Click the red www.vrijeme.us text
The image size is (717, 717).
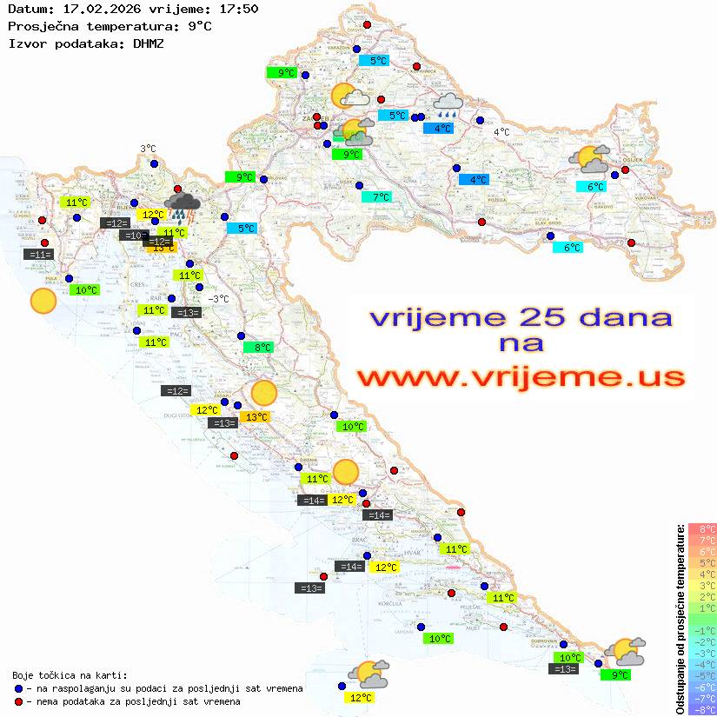[x=521, y=376]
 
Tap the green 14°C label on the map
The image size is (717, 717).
[x=174, y=232]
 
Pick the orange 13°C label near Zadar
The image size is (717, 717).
[x=256, y=417]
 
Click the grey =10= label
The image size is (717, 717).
[x=134, y=235]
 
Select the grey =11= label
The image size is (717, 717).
[x=40, y=255]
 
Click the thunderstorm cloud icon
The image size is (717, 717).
[x=183, y=206]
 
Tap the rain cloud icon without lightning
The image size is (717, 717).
[x=448, y=105]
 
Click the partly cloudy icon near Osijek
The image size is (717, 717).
[x=588, y=160]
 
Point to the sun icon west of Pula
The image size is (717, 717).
[x=43, y=302]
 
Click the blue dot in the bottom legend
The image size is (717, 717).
[x=19, y=688]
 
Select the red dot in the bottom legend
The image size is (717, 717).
[x=19, y=701]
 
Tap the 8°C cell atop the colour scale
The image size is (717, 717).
[x=702, y=528]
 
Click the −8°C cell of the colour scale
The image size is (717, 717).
[x=702, y=709]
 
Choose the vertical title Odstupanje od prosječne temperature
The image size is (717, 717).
[x=680, y=619]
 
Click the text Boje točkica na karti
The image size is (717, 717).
[x=70, y=675]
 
